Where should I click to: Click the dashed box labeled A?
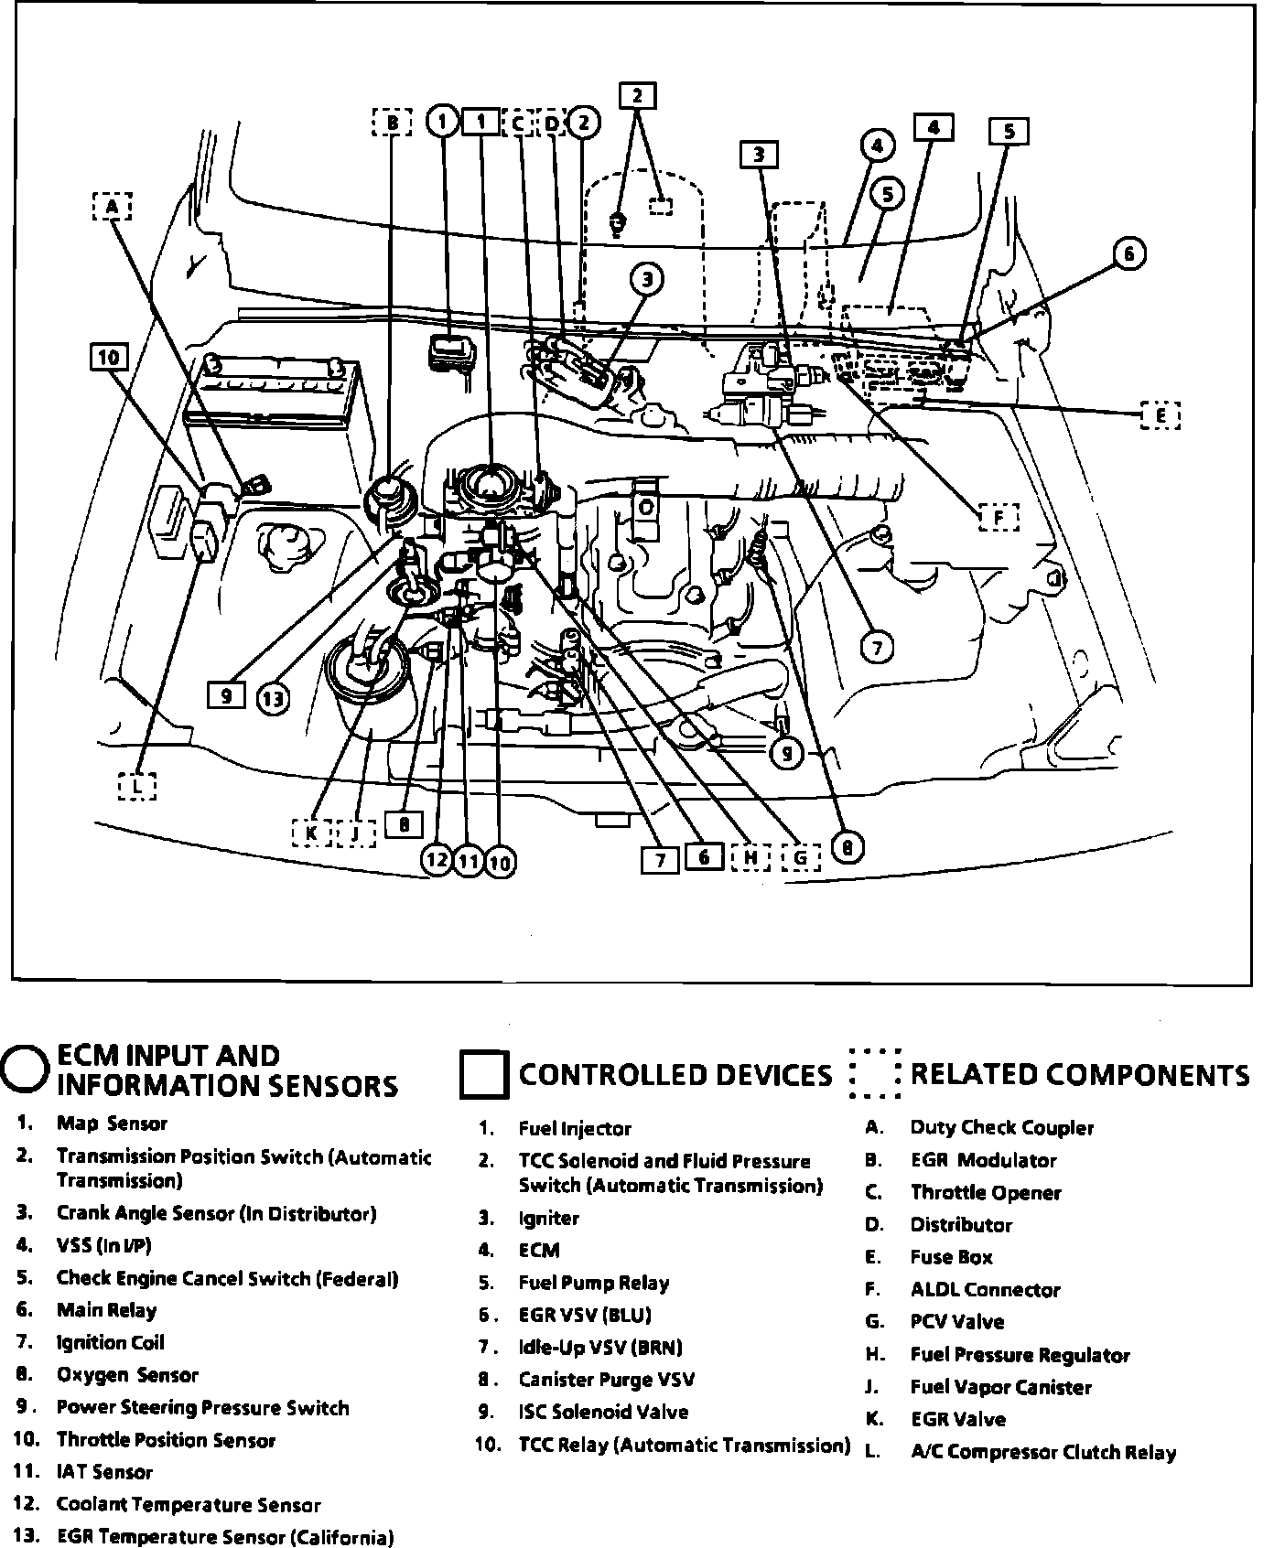point(112,208)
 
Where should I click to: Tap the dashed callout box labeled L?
point(136,786)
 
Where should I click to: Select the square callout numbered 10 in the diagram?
point(109,357)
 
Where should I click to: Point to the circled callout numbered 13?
point(272,700)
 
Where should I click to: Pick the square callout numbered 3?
point(759,156)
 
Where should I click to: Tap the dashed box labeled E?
point(1161,415)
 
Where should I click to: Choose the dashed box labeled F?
point(999,518)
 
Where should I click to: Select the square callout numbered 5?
point(1009,132)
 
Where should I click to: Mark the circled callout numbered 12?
point(437,860)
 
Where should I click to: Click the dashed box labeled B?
point(393,122)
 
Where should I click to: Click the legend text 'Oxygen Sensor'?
point(127,1375)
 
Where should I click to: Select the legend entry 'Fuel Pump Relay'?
point(593,1283)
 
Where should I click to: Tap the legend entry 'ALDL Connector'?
point(985,1290)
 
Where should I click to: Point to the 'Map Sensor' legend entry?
point(112,1123)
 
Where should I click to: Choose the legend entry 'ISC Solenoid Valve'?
point(603,1412)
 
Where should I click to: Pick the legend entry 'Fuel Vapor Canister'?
point(1000,1387)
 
